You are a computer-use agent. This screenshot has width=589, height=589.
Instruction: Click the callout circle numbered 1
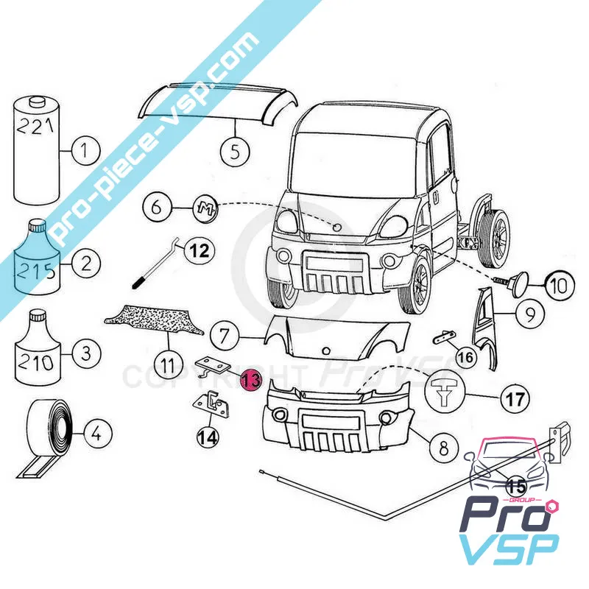pos(85,153)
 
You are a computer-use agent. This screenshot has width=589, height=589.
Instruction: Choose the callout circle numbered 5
pos(235,152)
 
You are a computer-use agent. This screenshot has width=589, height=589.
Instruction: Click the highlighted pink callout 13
pos(250,380)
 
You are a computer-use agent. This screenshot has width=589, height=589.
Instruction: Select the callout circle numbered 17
pos(515,400)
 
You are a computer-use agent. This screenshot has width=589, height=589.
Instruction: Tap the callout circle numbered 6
pos(157,207)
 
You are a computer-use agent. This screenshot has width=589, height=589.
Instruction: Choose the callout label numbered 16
pos(465,358)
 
